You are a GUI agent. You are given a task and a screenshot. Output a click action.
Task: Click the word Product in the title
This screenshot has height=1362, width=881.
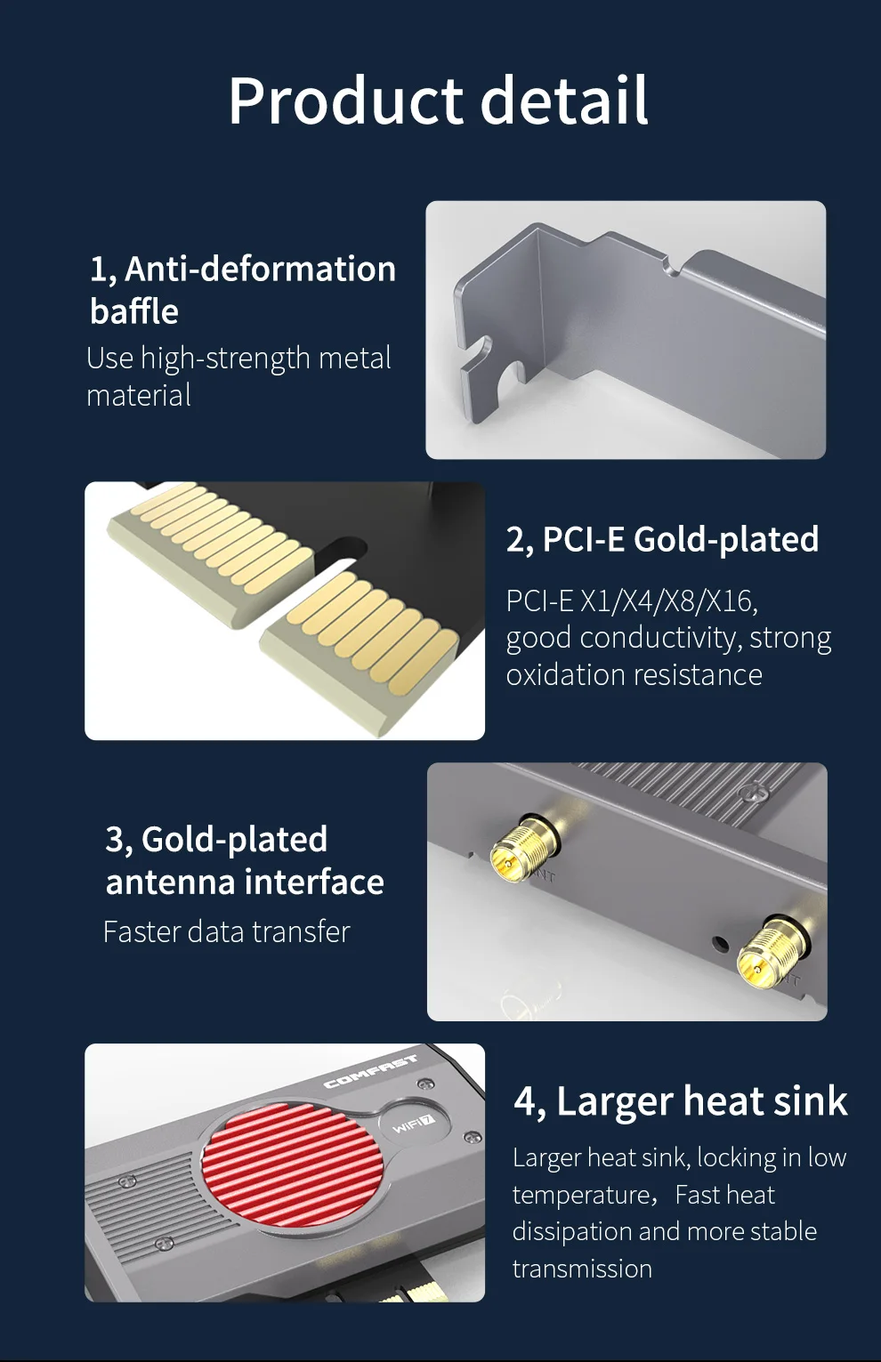(345, 101)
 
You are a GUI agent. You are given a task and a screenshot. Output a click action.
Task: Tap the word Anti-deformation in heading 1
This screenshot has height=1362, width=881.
(261, 269)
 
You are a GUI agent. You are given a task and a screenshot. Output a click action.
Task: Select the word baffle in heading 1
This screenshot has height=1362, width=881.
(133, 310)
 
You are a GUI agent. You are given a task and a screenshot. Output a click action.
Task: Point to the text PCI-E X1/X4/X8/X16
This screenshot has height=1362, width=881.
(632, 601)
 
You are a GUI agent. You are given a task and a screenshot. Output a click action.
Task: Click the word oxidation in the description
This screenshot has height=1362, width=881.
(562, 674)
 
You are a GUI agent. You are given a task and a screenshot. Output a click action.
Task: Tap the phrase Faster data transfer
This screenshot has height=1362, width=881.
(226, 931)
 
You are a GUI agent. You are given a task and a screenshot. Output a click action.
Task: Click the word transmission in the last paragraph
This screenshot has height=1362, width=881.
(582, 1269)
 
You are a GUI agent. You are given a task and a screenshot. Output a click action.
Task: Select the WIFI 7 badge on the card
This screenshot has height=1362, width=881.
(415, 1124)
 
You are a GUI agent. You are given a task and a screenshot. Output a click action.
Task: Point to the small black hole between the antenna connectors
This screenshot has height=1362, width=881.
(721, 944)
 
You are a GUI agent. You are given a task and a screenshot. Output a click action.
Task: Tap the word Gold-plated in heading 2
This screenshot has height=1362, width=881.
(726, 539)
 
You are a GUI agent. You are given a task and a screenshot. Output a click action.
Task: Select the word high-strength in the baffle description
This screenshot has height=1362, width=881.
(225, 359)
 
